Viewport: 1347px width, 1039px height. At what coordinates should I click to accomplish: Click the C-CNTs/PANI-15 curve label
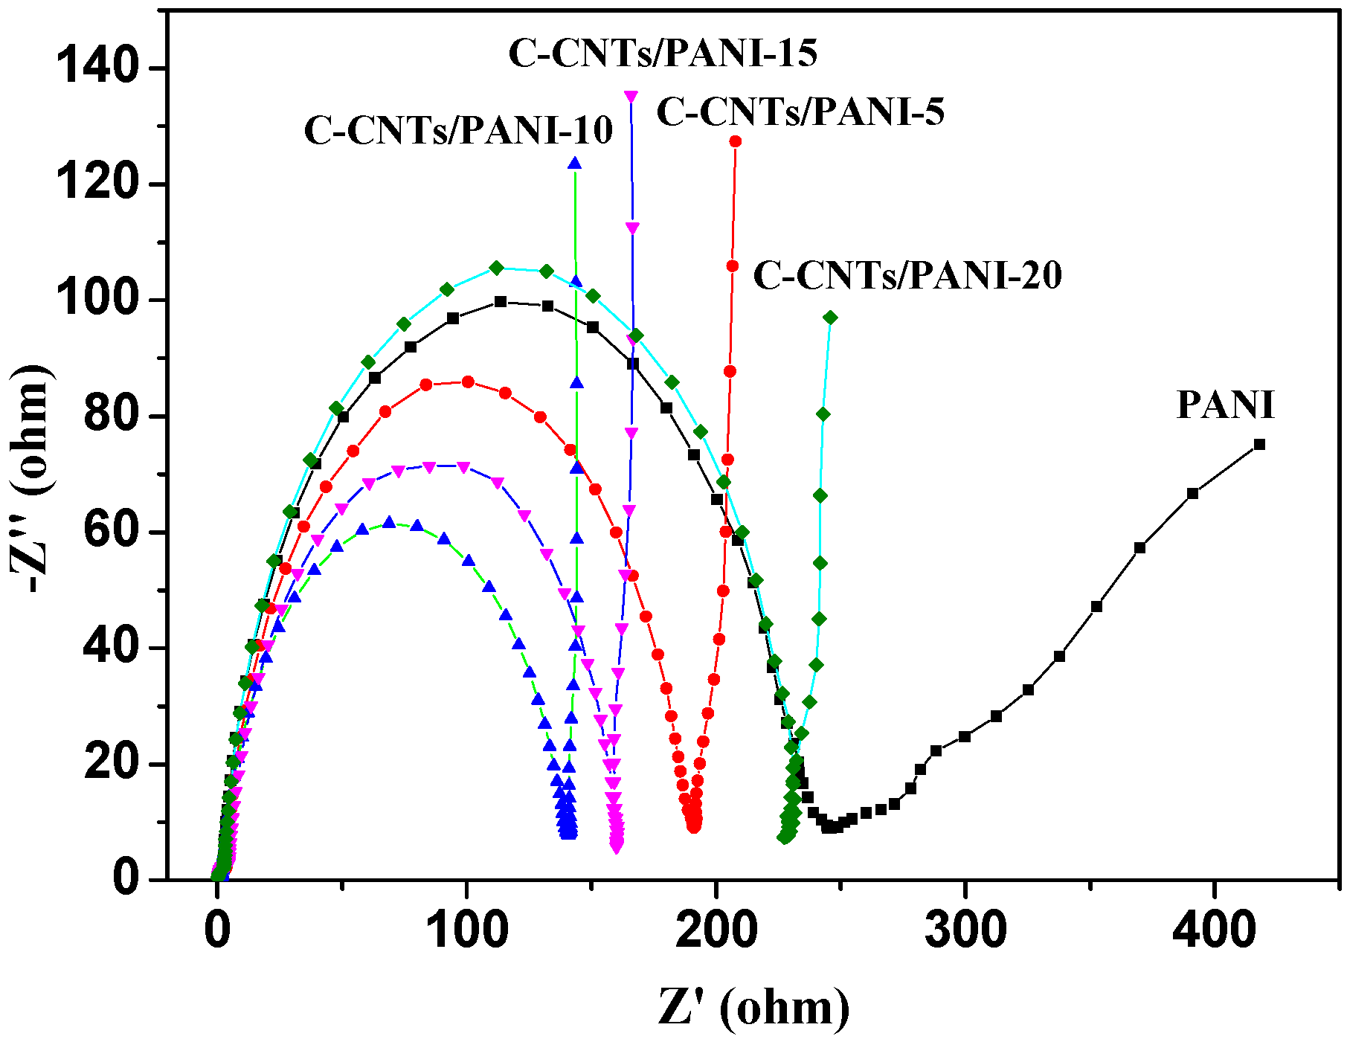[663, 53]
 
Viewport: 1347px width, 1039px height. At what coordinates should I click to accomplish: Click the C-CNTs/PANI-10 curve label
[458, 130]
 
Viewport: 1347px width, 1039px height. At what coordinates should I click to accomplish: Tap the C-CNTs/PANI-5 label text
[800, 112]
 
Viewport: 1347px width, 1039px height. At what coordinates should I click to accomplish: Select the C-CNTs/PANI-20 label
[907, 275]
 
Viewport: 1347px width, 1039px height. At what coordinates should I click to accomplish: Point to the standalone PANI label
[1225, 405]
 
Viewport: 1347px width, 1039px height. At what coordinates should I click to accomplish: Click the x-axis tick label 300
[965, 930]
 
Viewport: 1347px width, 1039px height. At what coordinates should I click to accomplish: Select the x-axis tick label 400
[1214, 930]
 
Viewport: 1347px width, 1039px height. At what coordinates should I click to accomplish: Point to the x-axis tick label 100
[466, 930]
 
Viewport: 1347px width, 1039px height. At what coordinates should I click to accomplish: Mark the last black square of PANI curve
[1259, 445]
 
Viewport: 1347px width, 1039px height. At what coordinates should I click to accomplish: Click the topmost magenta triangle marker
[631, 97]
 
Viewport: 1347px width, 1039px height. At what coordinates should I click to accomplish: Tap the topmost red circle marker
[736, 141]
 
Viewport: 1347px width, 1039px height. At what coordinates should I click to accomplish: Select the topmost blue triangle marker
[574, 164]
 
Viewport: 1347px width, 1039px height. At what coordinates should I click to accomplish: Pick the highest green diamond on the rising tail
[830, 318]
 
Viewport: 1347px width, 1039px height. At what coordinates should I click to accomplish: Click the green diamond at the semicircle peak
[497, 268]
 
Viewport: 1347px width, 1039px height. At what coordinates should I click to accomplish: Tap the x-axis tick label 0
[217, 930]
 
